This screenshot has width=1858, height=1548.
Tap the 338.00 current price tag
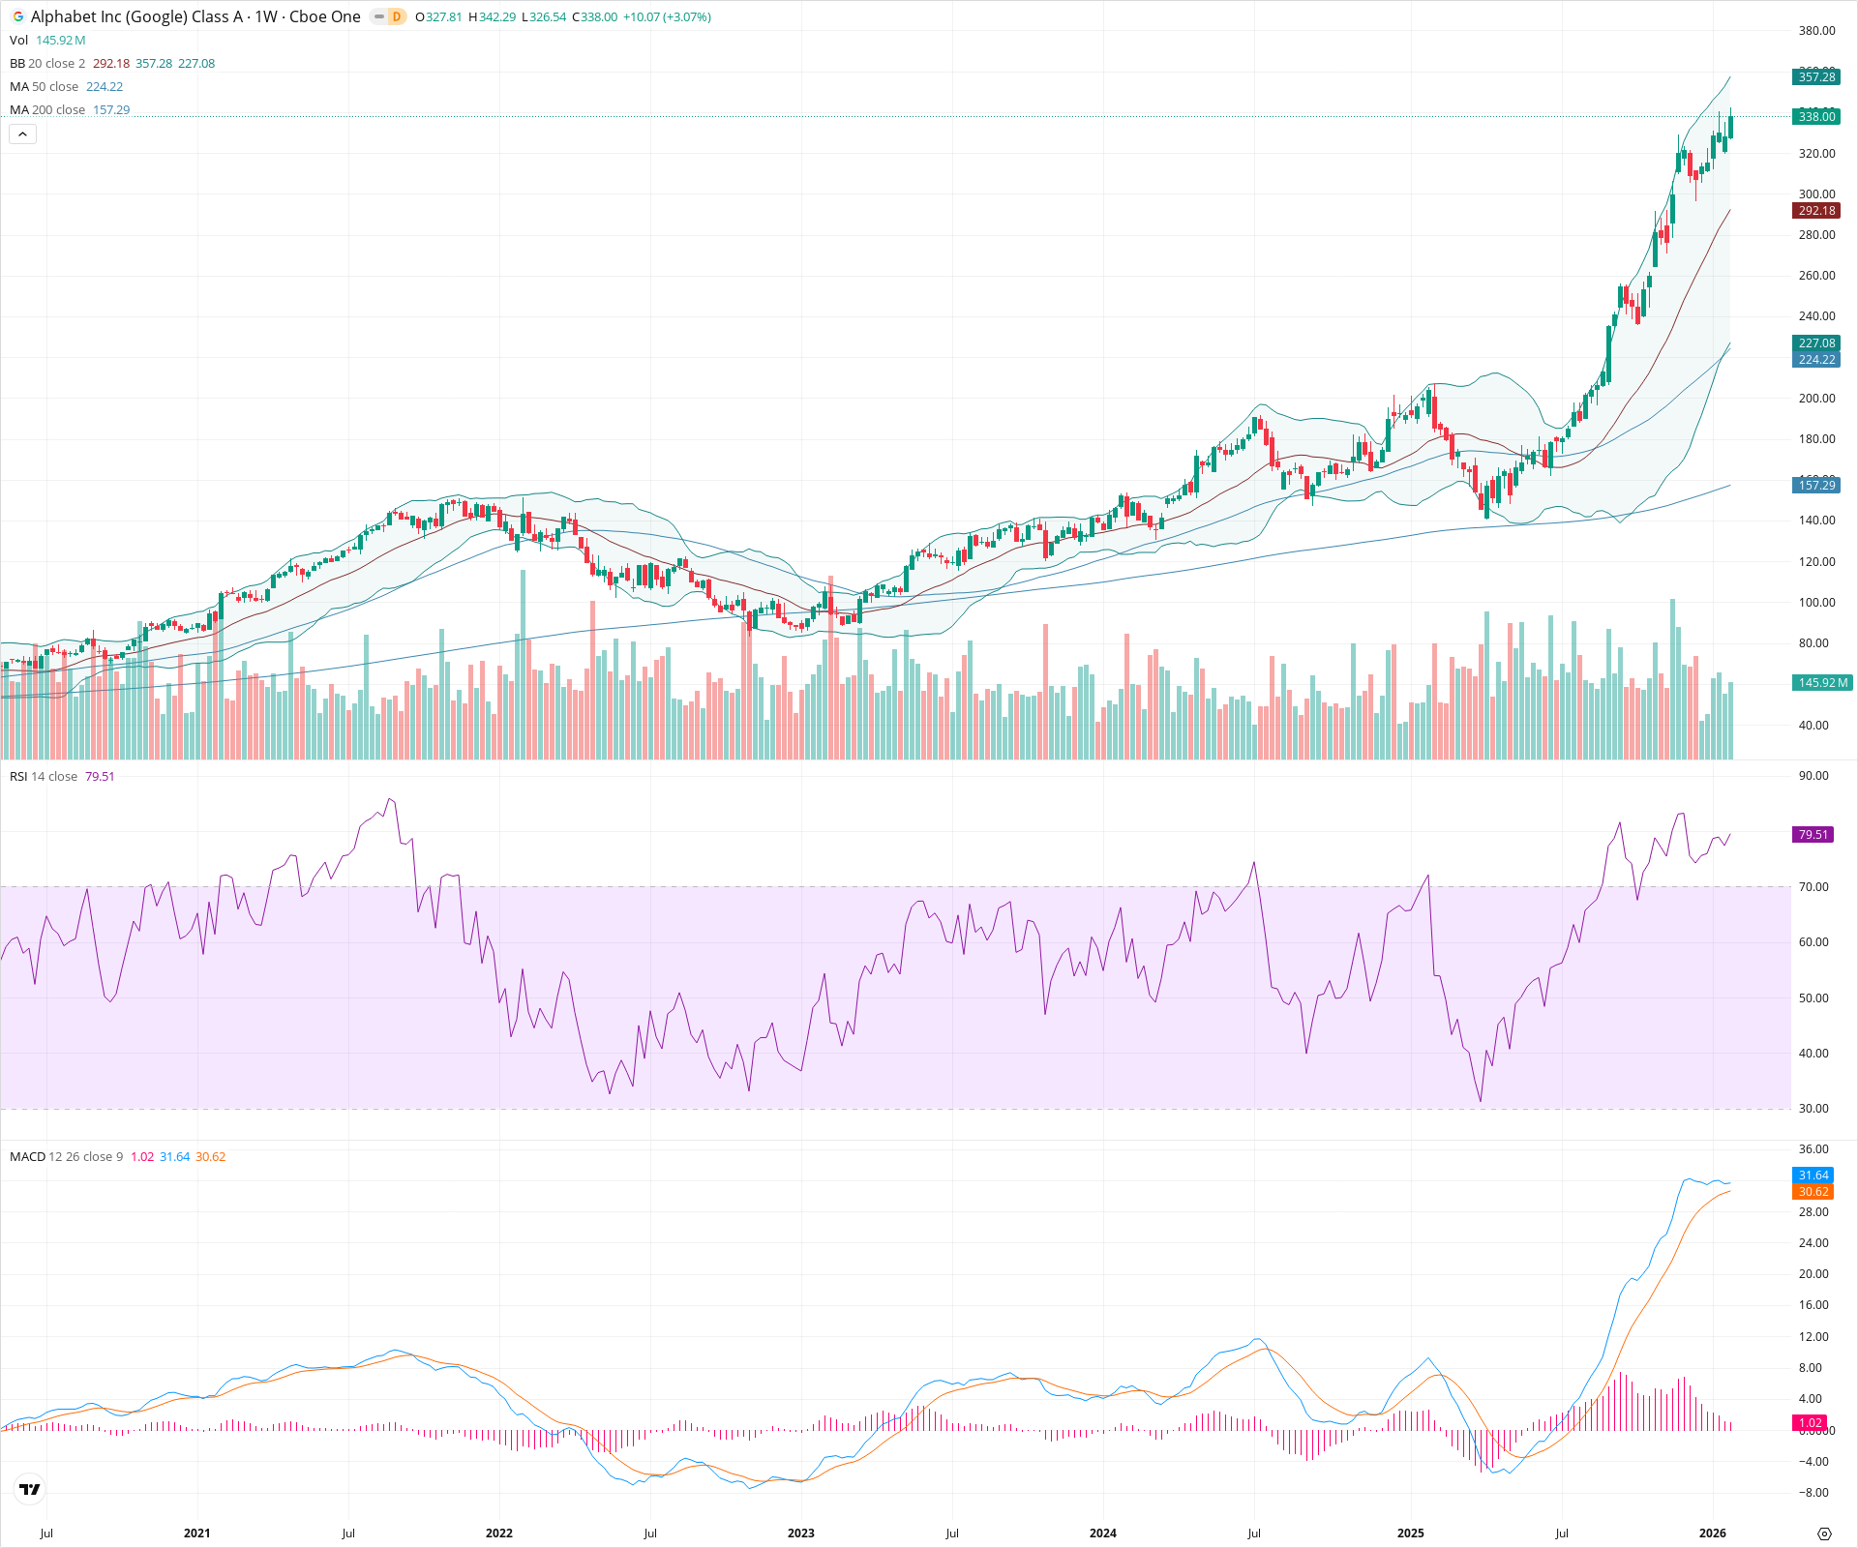tap(1816, 117)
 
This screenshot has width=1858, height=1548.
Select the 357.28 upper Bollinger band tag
tap(1816, 77)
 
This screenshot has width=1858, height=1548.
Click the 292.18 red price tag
tap(1816, 211)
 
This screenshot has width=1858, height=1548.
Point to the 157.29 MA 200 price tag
tap(1816, 486)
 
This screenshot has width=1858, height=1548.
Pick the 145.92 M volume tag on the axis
tap(1822, 683)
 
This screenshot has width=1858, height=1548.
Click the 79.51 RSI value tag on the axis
tap(1813, 835)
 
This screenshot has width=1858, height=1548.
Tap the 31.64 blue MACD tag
tap(1813, 1176)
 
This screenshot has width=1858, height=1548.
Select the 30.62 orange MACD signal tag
tap(1813, 1192)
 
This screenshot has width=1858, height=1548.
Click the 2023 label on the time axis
tap(800, 1533)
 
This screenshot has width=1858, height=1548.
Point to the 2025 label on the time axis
tap(1410, 1533)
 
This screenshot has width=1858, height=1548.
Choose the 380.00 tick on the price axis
tap(1816, 31)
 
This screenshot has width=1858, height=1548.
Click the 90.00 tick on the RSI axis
tap(1813, 776)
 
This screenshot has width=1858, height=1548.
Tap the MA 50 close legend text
tap(44, 87)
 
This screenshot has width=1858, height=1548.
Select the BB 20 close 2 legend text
tap(47, 64)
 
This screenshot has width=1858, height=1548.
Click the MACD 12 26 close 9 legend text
tap(66, 1157)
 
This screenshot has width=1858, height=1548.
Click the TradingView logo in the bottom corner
tap(30, 1489)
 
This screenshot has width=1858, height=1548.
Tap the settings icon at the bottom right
tap(1824, 1533)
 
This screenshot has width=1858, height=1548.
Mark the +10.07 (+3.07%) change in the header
tap(667, 17)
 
